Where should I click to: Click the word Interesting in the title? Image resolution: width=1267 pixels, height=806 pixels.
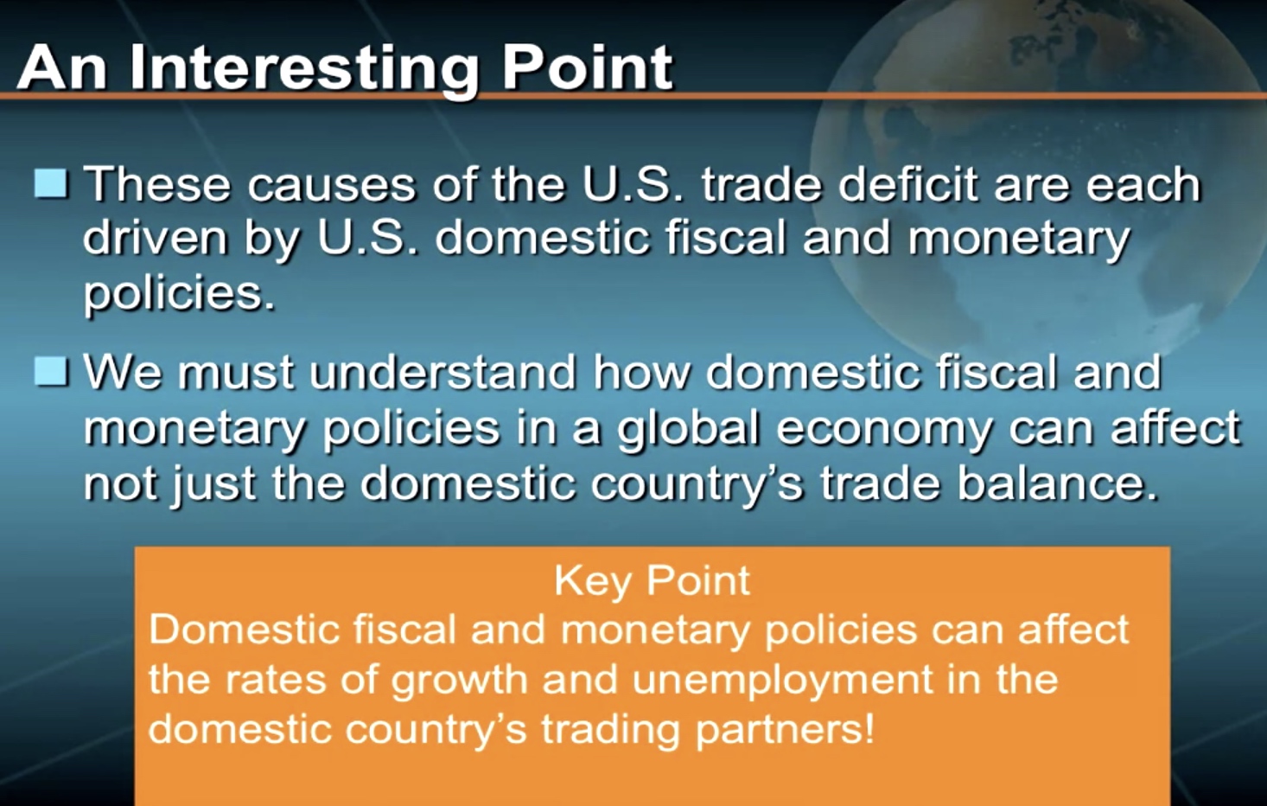(304, 68)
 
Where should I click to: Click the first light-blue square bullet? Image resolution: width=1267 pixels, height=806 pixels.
(52, 183)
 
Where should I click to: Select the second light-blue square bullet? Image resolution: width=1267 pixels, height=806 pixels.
(52, 371)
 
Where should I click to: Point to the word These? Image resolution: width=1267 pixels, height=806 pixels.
(156, 184)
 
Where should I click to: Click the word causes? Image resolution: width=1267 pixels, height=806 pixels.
(332, 185)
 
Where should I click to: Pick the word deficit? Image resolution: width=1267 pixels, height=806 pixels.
(907, 183)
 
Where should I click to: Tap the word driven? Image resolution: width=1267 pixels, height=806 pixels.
(156, 239)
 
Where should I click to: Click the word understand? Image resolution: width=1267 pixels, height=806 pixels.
(442, 371)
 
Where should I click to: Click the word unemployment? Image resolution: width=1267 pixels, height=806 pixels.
(781, 681)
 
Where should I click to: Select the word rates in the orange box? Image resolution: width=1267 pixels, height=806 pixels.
(276, 679)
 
